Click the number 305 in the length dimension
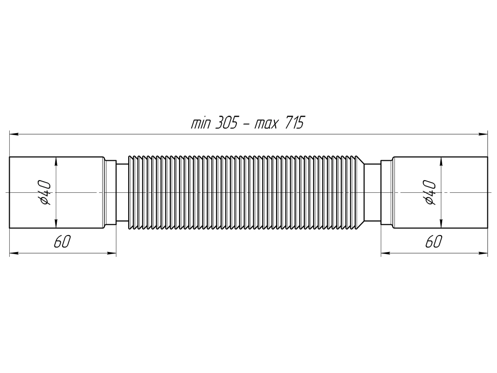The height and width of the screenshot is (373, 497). tap(226, 122)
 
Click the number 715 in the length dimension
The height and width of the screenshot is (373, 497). tap(295, 122)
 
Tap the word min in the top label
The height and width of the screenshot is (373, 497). tap(200, 123)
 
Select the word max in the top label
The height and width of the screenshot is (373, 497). tap(266, 124)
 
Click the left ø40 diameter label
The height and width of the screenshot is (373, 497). tap(44, 192)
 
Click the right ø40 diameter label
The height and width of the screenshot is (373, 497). tap(429, 192)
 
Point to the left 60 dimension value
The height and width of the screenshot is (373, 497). tap(62, 242)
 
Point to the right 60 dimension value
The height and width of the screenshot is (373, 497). tap(433, 242)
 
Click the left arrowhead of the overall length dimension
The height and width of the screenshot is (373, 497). tap(14, 134)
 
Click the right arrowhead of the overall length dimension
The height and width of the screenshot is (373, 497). tap(483, 134)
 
